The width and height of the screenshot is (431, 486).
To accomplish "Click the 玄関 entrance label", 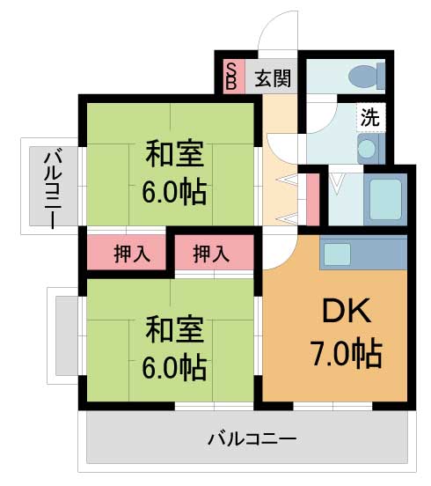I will (x=274, y=77).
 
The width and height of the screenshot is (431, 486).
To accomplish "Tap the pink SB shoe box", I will (x=231, y=77).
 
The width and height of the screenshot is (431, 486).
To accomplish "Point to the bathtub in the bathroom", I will (x=383, y=200).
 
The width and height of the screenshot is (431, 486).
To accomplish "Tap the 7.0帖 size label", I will (x=344, y=353).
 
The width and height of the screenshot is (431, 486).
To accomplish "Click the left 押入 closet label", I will (x=132, y=254).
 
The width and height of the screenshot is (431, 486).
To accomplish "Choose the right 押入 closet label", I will (x=211, y=254).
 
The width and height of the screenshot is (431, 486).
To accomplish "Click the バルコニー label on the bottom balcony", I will (x=252, y=438).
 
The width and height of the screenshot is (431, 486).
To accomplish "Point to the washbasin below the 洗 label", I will (x=369, y=149).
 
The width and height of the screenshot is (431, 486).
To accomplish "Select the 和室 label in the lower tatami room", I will (x=174, y=330).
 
